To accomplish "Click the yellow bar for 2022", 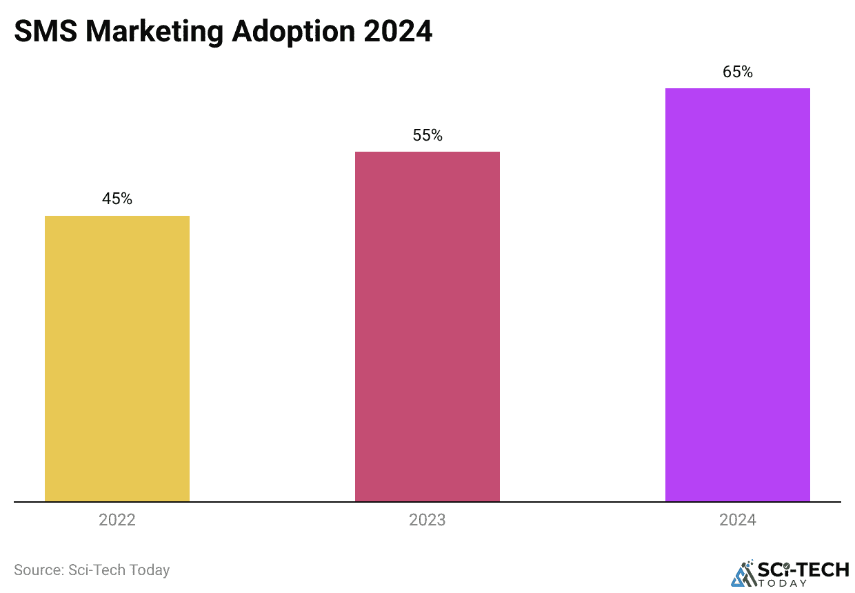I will click(x=117, y=359).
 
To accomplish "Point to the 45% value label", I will click(x=117, y=199).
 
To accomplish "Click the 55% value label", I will click(x=428, y=135).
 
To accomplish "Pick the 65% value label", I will click(x=738, y=72).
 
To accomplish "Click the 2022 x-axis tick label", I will click(x=117, y=520).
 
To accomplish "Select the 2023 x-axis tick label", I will click(x=428, y=520).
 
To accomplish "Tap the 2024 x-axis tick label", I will click(x=738, y=520).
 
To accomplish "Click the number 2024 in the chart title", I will click(x=402, y=32).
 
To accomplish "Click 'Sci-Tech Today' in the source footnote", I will click(x=119, y=570).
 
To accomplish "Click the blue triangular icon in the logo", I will click(x=743, y=574).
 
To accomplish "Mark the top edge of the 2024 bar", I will click(x=738, y=89).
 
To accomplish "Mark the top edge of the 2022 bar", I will click(x=117, y=217).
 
